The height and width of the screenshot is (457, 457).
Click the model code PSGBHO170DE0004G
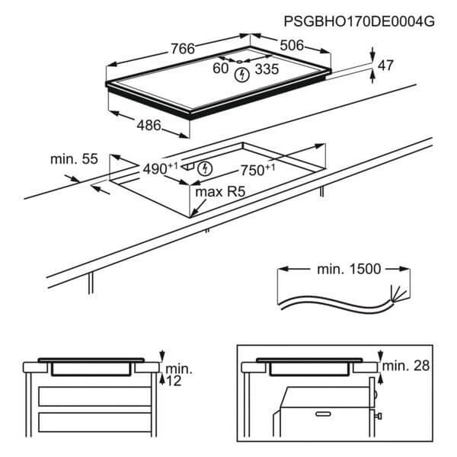(x=359, y=21)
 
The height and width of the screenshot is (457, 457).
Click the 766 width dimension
(x=183, y=49)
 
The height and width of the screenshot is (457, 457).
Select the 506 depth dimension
(x=292, y=46)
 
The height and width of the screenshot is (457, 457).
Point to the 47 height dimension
(x=385, y=66)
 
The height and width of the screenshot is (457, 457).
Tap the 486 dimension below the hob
(x=149, y=126)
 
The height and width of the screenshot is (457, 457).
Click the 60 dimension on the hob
(x=220, y=69)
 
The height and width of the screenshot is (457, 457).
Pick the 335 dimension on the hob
(x=267, y=69)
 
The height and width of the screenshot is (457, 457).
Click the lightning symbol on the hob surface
(x=242, y=75)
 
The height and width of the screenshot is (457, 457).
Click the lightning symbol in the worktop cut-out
(x=205, y=169)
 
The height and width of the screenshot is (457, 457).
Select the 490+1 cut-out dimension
(x=160, y=168)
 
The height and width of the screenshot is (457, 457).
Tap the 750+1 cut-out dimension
(x=257, y=170)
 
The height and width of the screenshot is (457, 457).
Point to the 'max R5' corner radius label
(x=220, y=192)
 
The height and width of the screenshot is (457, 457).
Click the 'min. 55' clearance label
(x=74, y=159)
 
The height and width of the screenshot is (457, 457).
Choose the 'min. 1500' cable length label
(x=349, y=269)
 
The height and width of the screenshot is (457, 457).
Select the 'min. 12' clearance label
(x=178, y=375)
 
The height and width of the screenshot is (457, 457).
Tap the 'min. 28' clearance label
(x=406, y=366)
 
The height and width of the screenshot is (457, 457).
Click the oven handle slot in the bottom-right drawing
(x=323, y=414)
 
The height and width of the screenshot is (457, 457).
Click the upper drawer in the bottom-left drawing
(x=94, y=396)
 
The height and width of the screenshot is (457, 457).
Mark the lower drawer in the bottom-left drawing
(x=94, y=422)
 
